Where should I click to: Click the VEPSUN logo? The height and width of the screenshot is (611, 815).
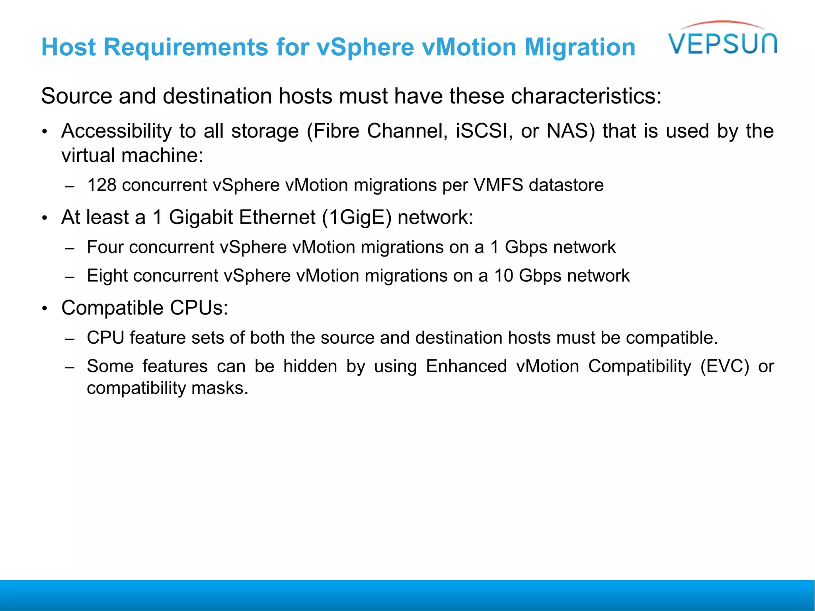[x=722, y=40]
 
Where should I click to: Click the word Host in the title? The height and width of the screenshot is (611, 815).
[x=68, y=47]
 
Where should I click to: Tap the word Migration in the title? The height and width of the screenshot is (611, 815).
[x=580, y=47]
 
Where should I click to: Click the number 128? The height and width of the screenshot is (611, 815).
[x=102, y=185]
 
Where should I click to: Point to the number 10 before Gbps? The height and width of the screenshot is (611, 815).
[x=504, y=276]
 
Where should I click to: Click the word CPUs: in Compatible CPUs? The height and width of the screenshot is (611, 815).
[x=199, y=308]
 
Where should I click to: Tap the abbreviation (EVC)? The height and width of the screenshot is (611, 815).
[x=724, y=366]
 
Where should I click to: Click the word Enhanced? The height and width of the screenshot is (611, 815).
[x=466, y=366]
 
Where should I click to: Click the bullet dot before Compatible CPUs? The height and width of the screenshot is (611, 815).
[x=45, y=309]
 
